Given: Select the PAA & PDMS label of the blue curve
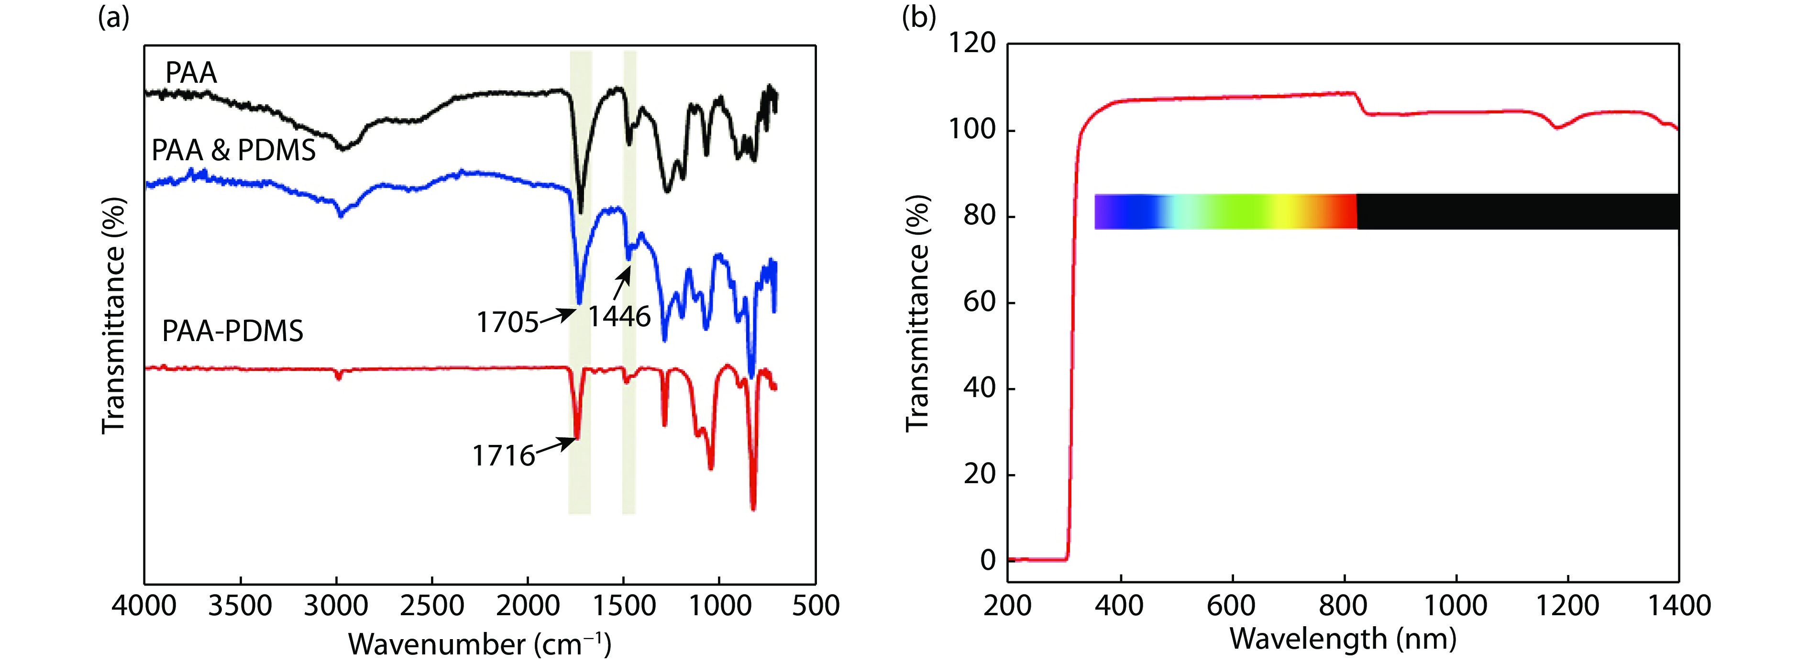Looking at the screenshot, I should [x=234, y=151].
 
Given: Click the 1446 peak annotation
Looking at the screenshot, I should [x=619, y=317].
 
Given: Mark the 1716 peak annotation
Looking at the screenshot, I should [x=503, y=456].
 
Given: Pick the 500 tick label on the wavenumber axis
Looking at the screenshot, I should [x=816, y=605].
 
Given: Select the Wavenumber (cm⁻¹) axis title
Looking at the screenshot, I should [x=479, y=643].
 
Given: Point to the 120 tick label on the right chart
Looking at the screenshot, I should [x=972, y=44].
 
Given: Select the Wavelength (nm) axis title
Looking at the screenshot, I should [x=1343, y=639].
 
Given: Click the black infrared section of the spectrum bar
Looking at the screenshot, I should [x=1516, y=211].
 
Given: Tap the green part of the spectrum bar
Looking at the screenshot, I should [x=1235, y=211].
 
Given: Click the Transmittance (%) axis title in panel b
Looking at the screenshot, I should [x=917, y=312].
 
